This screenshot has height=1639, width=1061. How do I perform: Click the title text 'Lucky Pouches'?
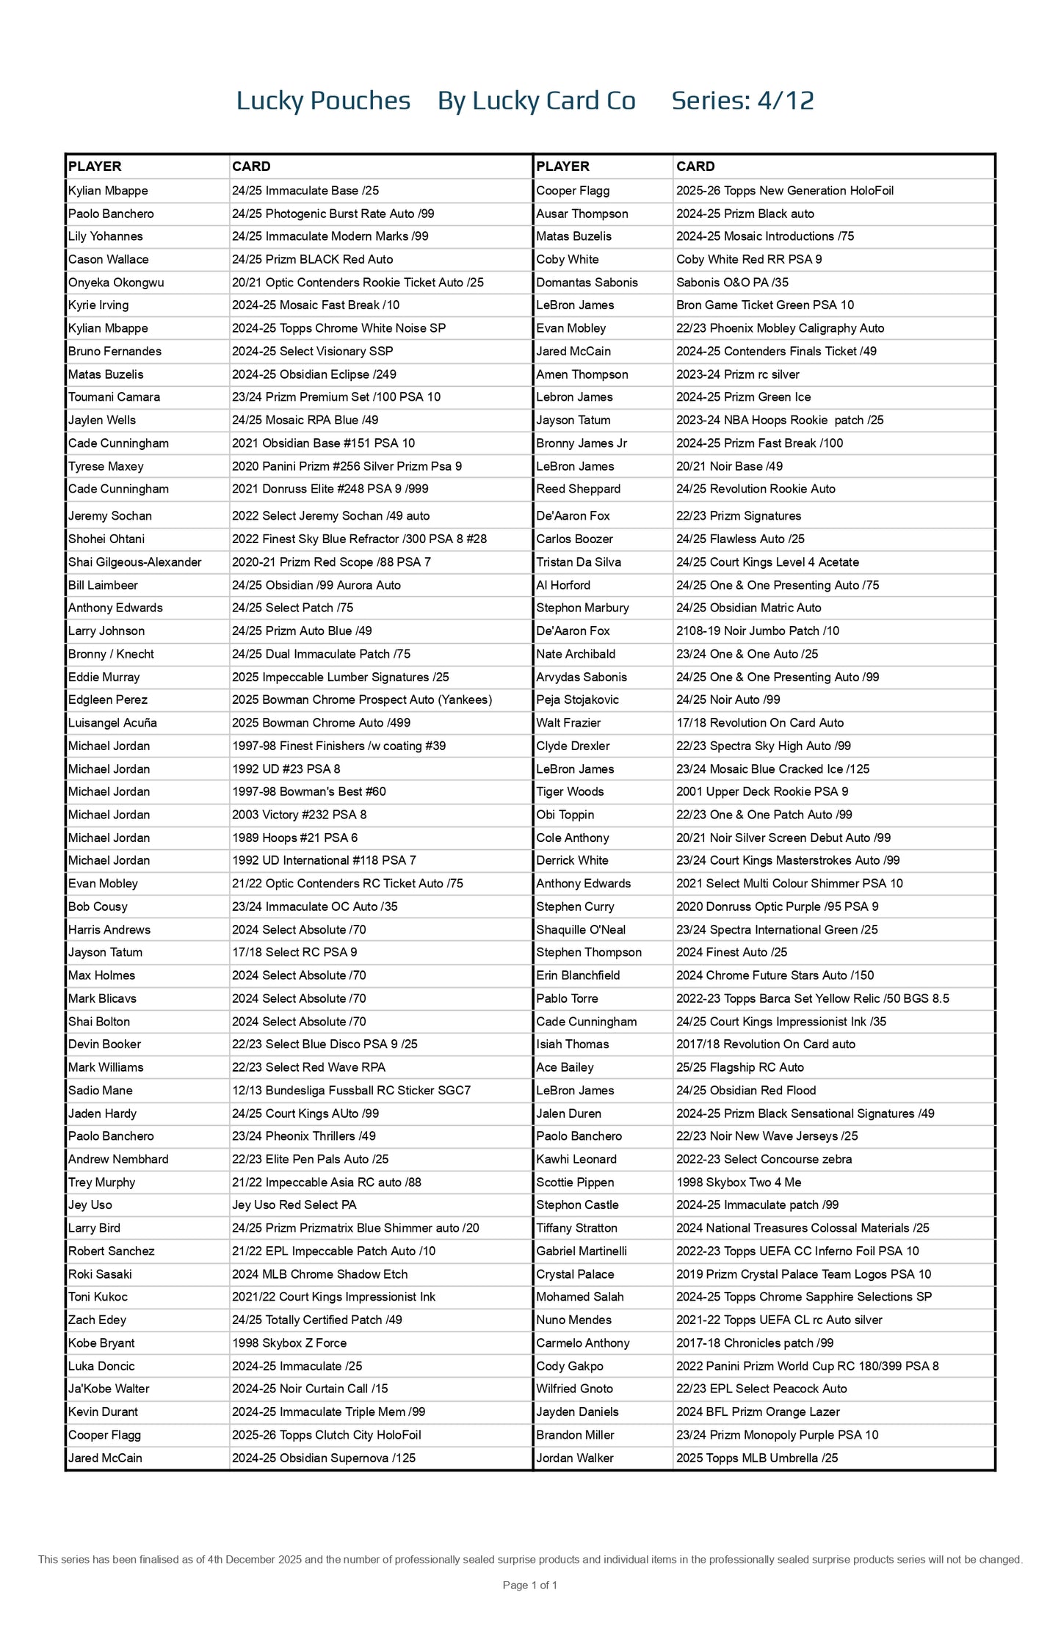323,101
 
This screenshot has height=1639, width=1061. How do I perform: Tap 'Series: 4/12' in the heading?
742,101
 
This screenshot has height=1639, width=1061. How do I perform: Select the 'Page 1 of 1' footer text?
529,1585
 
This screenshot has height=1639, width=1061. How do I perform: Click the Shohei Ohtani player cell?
106,539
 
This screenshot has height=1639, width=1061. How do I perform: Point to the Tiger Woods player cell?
570,791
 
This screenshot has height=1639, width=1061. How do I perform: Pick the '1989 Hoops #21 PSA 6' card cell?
294,837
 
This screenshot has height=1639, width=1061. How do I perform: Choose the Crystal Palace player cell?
575,1274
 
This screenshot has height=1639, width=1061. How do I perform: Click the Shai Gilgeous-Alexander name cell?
134,562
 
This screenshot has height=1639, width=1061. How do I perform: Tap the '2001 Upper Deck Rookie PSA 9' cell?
762,791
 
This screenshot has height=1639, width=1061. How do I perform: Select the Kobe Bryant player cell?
101,1342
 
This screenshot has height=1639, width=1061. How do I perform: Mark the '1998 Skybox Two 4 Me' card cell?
739,1182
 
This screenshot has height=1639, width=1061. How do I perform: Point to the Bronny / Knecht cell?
111,654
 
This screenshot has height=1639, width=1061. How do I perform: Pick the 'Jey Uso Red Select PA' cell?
294,1204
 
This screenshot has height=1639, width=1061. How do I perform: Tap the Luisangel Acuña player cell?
112,723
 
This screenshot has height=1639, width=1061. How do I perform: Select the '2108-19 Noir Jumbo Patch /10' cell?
757,630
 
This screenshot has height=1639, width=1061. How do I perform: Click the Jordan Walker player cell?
575,1458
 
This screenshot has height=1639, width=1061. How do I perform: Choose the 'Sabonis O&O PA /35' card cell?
732,283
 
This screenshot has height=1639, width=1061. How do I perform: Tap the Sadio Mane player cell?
101,1090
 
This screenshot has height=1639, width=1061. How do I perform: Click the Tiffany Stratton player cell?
576,1228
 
